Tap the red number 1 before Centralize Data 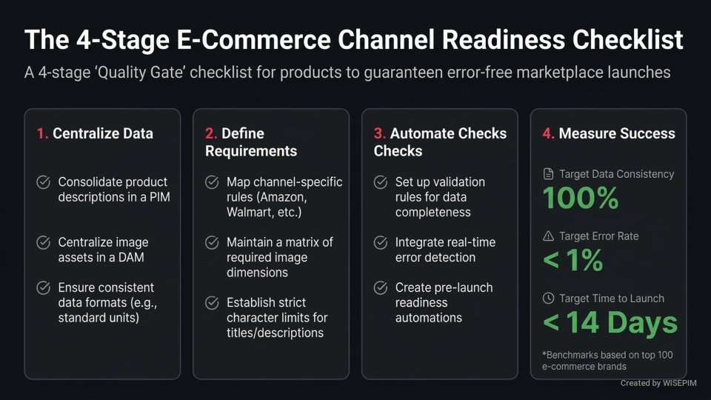41,133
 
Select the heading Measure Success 617,133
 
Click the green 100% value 580,199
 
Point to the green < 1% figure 573,261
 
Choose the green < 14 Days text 610,323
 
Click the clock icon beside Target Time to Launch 549,299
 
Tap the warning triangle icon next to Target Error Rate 549,236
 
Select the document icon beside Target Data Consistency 549,174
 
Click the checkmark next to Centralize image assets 44,242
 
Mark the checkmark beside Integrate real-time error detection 381,242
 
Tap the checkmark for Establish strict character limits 212,302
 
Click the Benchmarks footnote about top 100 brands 607,361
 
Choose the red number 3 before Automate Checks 378,133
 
